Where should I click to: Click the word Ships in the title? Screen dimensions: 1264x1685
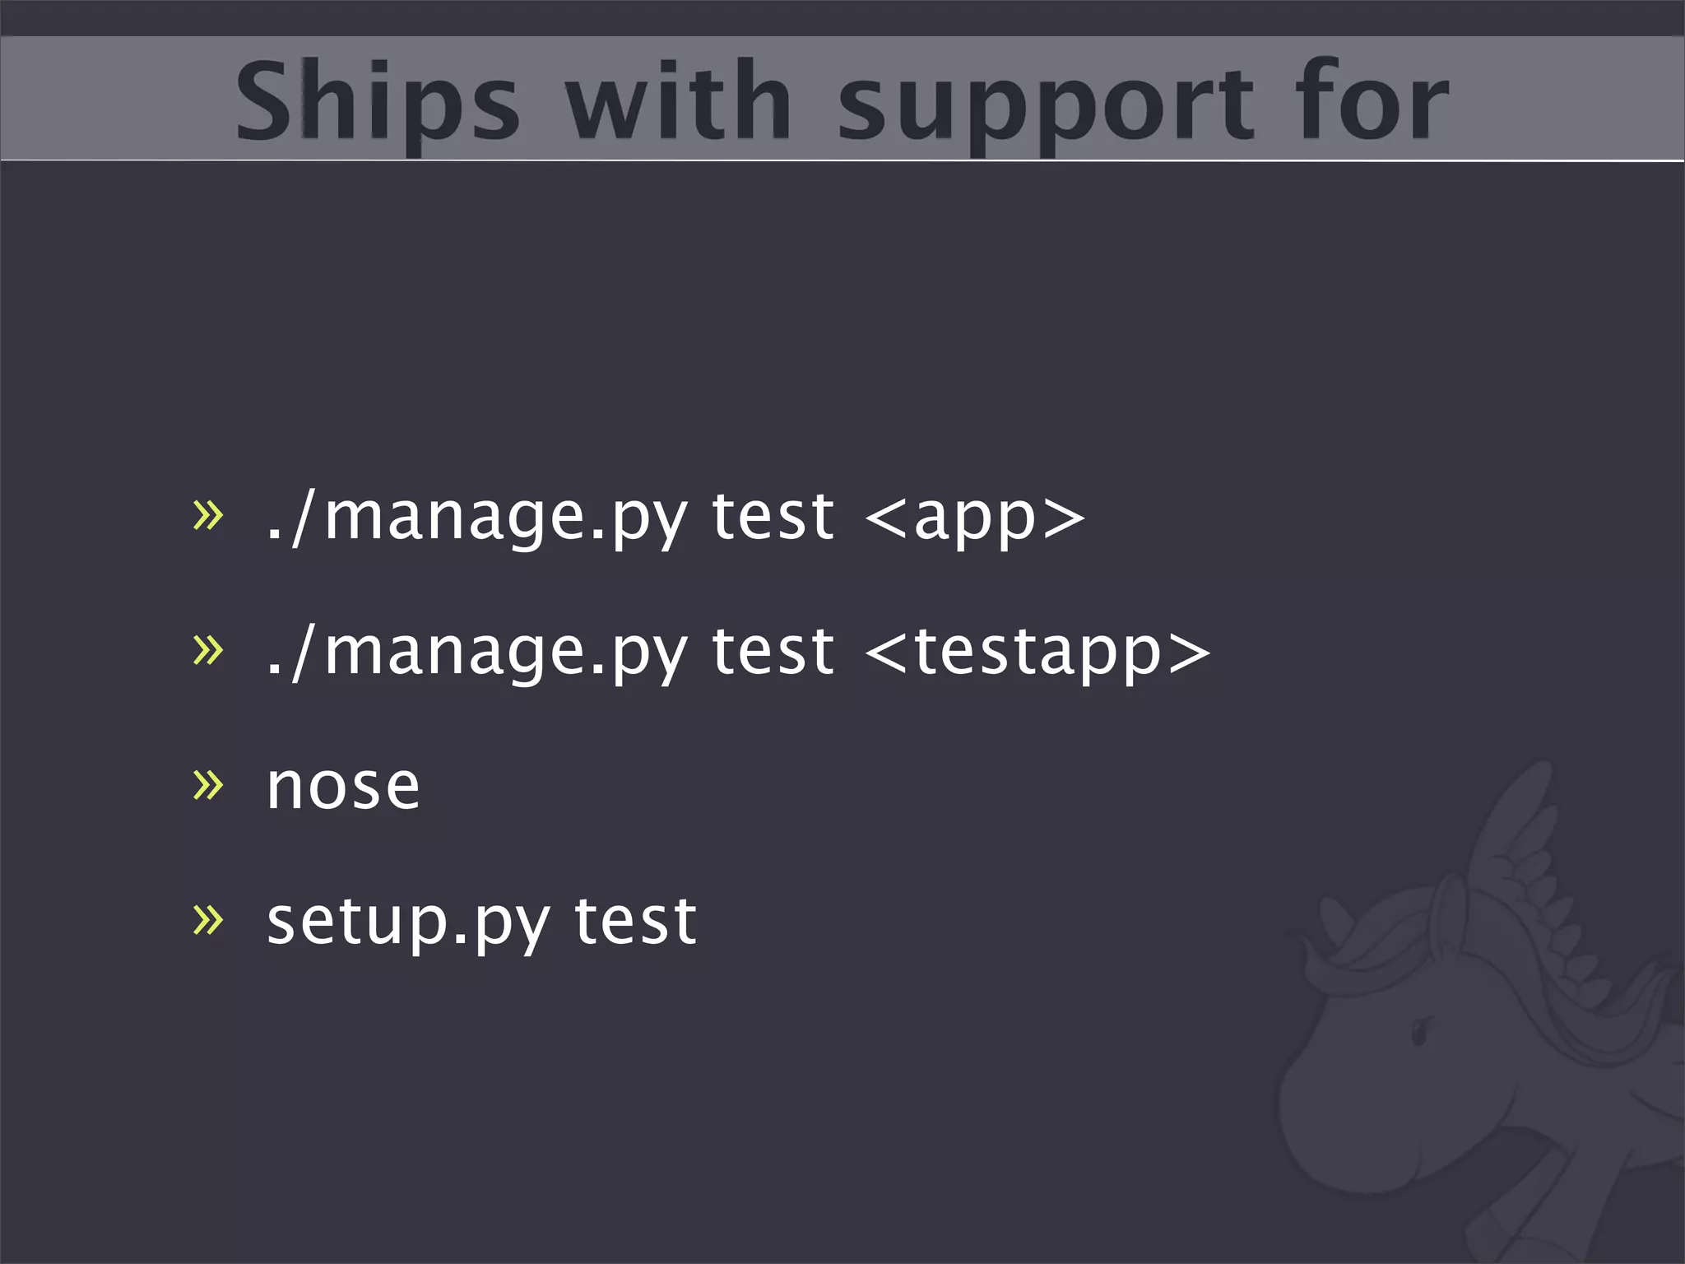(x=378, y=101)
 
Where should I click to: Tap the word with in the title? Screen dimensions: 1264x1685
(x=678, y=101)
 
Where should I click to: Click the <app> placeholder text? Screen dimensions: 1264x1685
(x=975, y=518)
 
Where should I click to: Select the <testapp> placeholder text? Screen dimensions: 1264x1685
(x=1037, y=653)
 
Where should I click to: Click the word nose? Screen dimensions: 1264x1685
(x=343, y=787)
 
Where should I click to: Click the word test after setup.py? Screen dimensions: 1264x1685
(x=635, y=921)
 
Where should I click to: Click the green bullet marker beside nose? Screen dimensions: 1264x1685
(x=207, y=784)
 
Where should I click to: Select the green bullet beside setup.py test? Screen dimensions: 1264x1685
(x=207, y=919)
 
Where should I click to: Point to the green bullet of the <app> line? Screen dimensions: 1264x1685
(x=207, y=516)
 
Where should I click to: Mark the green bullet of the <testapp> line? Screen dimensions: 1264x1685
(x=207, y=650)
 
